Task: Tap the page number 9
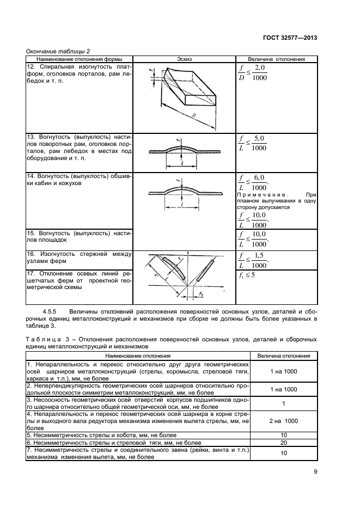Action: [x=315, y=472]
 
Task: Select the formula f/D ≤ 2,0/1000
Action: [x=253, y=73]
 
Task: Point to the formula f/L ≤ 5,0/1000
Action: [x=253, y=143]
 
